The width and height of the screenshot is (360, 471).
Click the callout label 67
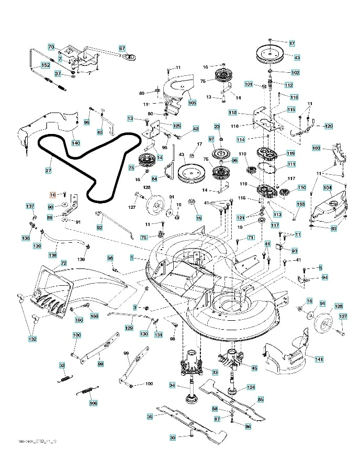pos(122,48)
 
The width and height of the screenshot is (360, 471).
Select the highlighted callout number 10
pos(52,194)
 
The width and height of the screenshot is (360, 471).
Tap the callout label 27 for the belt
pos(48,170)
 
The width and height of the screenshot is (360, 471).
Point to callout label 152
pos(46,65)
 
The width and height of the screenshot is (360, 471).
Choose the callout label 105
pos(192,103)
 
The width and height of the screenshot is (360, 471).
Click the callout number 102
pos(295,72)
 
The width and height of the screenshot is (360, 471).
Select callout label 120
pos(328,126)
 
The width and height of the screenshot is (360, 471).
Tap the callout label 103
pos(316,148)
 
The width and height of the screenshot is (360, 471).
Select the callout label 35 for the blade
pos(150,417)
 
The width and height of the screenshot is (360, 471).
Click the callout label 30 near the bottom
pos(173,438)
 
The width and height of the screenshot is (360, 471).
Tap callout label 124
pos(251,388)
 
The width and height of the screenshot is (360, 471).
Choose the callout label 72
pos(63,263)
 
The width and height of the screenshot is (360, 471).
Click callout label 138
pos(53,255)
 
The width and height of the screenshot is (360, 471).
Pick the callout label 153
pos(301,204)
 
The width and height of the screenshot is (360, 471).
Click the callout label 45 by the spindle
pos(254,368)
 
